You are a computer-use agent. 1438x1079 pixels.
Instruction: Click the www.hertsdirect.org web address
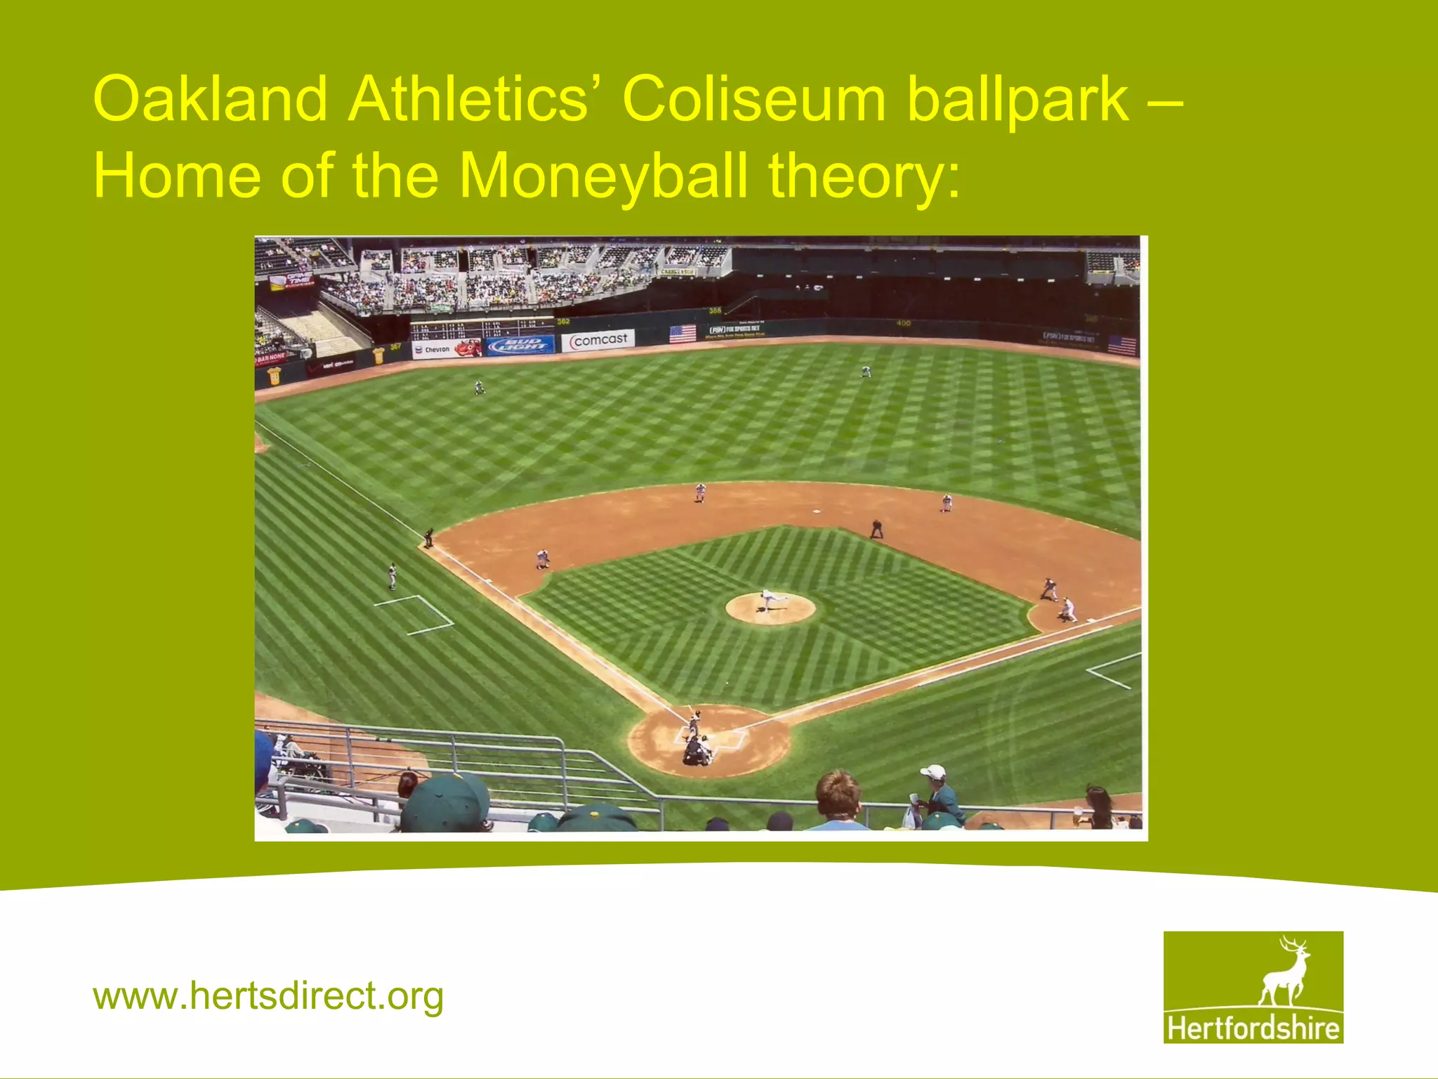[268, 996]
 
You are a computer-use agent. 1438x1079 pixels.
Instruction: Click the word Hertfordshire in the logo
[1253, 1028]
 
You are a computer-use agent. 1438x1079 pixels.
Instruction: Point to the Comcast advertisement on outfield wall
[598, 340]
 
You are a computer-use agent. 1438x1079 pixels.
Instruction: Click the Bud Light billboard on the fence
[520, 345]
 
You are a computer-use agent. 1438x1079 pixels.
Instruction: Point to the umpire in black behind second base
[876, 528]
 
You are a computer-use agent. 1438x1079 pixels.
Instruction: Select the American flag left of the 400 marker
[682, 333]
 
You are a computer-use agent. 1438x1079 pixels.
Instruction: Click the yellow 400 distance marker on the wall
[903, 323]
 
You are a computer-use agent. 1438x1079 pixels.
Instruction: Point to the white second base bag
[816, 511]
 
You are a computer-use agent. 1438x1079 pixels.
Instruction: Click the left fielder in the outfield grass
[480, 386]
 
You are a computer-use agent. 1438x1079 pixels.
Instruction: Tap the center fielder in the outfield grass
[866, 372]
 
